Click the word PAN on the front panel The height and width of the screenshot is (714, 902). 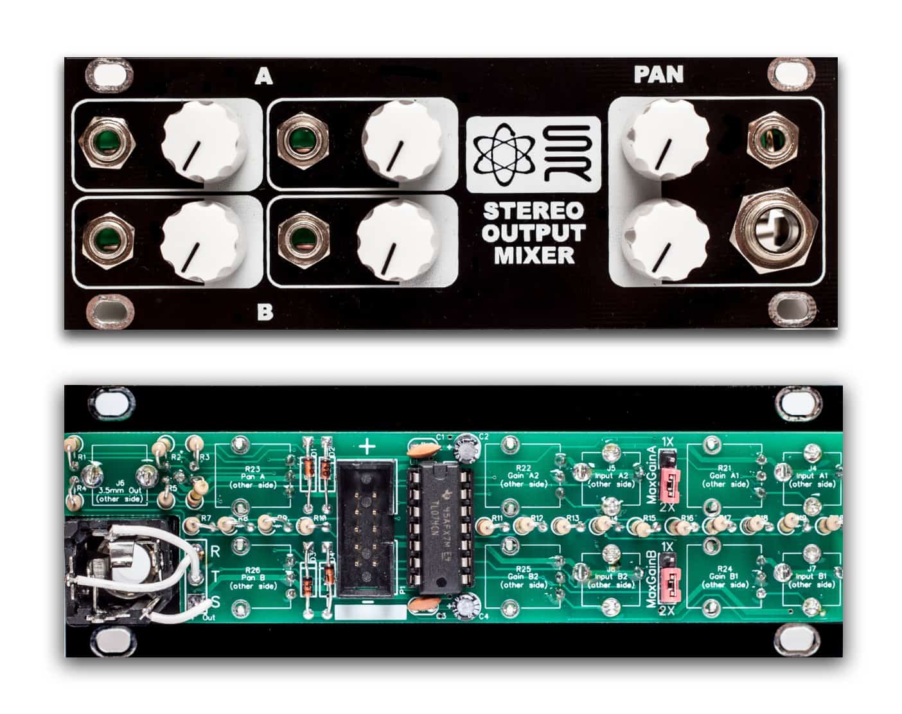click(659, 75)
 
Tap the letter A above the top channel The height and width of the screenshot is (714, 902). click(263, 77)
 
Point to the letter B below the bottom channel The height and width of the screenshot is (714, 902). click(265, 313)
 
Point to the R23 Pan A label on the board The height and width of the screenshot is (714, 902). click(252, 477)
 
